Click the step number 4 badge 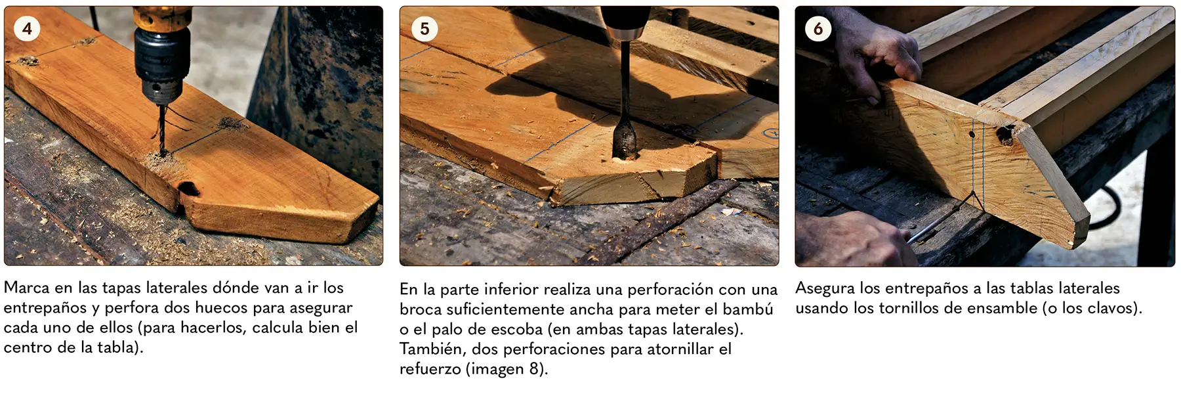pos(27,28)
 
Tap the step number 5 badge pos(425,28)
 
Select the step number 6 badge pos(818,28)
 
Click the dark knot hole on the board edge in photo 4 pos(189,189)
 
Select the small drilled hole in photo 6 pos(972,135)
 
